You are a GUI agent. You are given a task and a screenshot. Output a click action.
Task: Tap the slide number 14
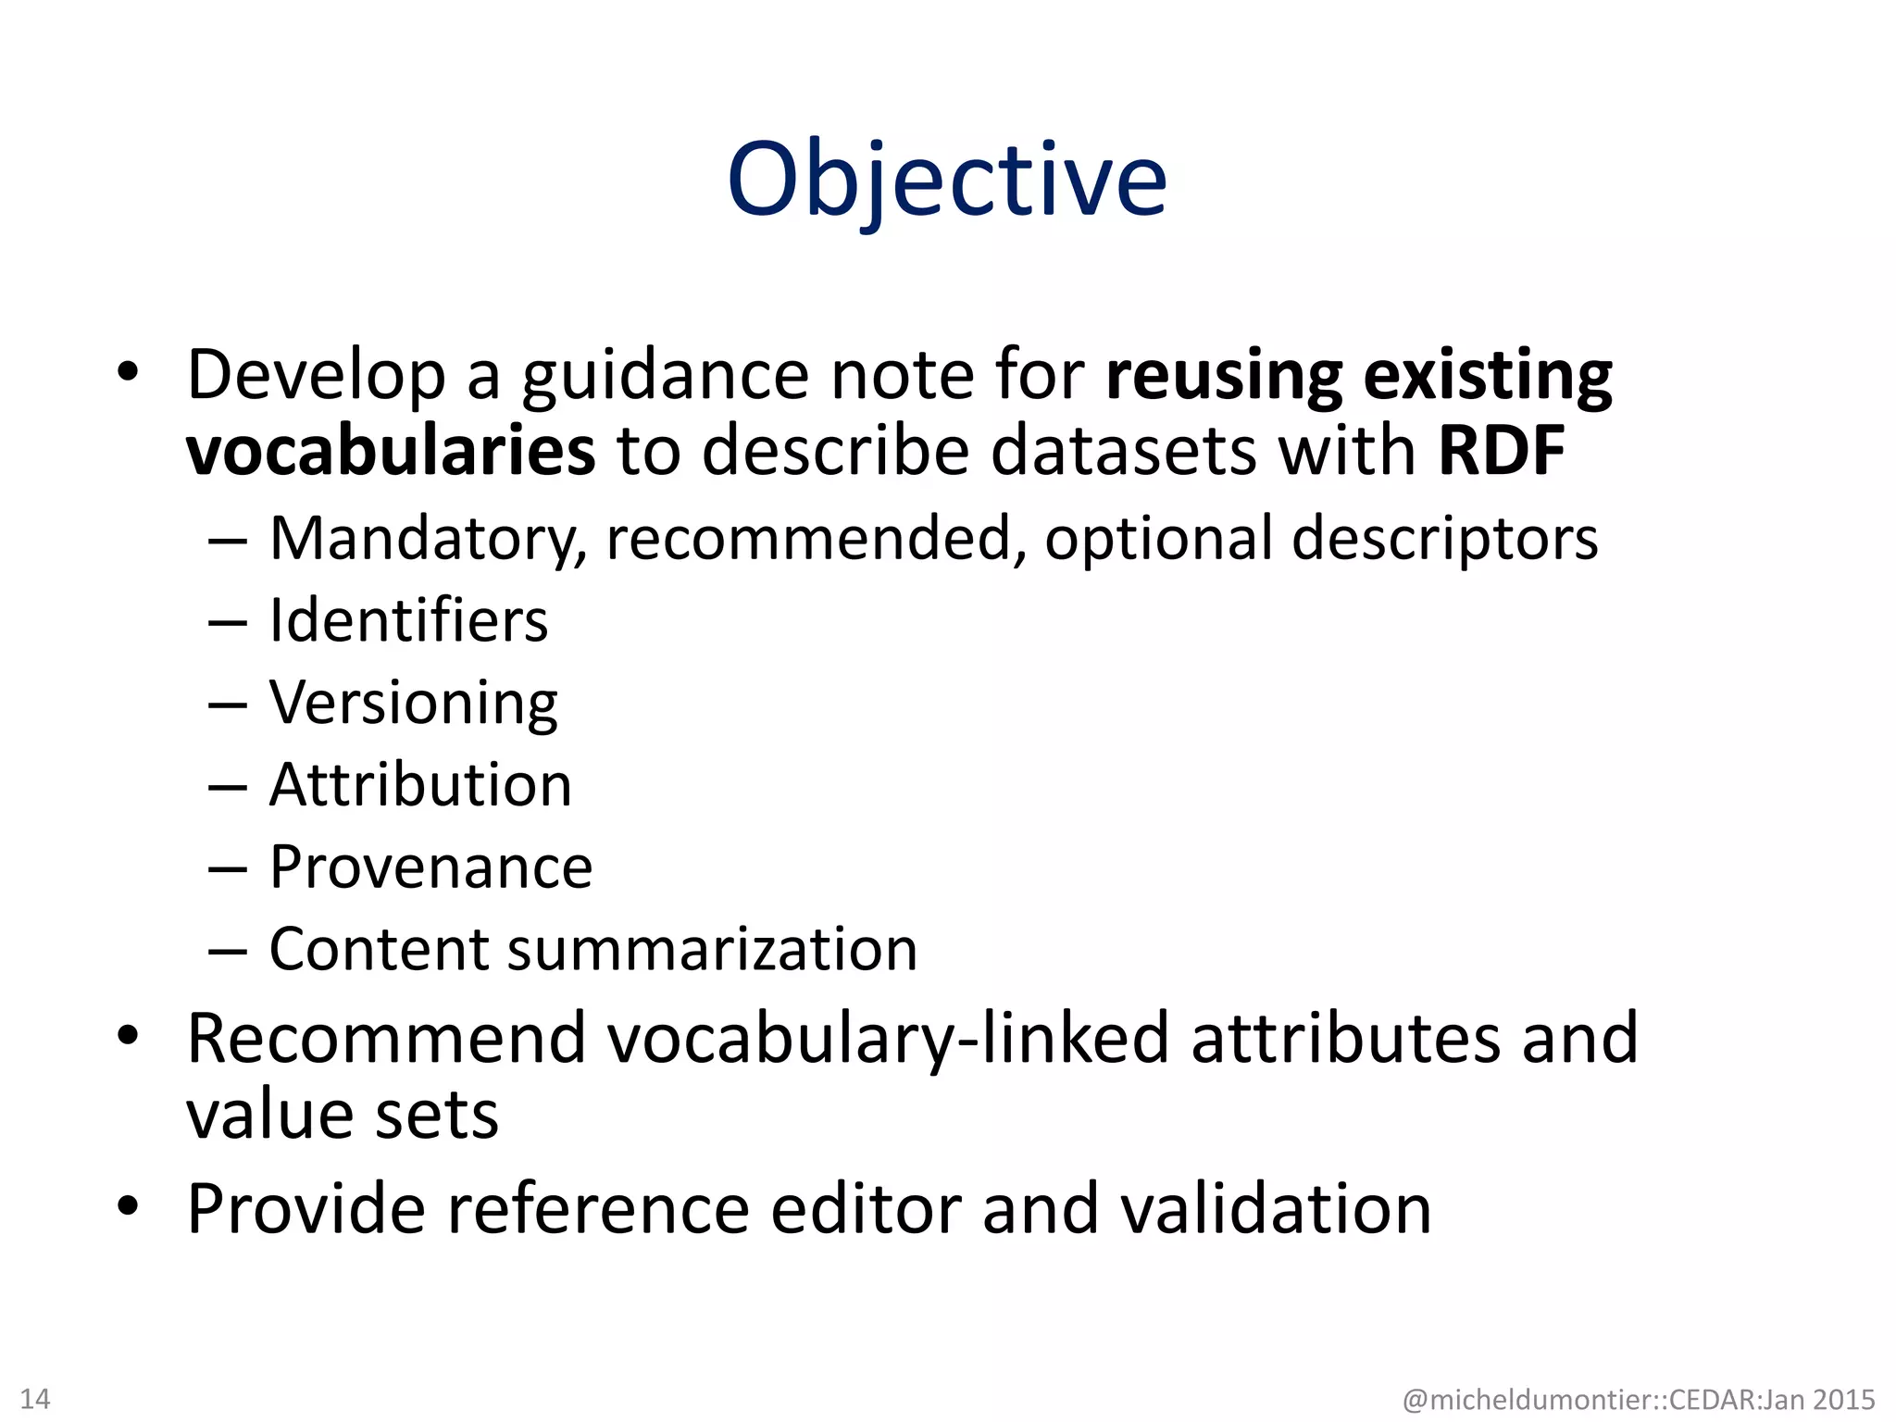point(35,1398)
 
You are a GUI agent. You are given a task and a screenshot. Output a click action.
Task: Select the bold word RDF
point(1502,451)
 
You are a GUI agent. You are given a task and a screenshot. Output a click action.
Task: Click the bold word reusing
point(1224,377)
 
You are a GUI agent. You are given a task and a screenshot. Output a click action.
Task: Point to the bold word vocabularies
point(391,451)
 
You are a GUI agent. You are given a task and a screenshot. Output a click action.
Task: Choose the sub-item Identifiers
point(408,620)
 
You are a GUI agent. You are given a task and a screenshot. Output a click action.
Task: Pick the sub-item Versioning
point(414,704)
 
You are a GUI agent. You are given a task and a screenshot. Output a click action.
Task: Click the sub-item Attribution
point(420,785)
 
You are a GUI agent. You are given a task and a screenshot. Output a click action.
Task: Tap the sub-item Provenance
point(430,867)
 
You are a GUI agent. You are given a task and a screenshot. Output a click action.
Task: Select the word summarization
point(712,950)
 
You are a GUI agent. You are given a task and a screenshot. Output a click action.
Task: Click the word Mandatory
point(428,539)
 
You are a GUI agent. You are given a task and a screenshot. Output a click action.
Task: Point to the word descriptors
point(1444,539)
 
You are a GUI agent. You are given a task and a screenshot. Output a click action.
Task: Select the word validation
point(1276,1209)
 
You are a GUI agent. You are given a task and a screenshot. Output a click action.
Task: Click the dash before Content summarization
point(228,951)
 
